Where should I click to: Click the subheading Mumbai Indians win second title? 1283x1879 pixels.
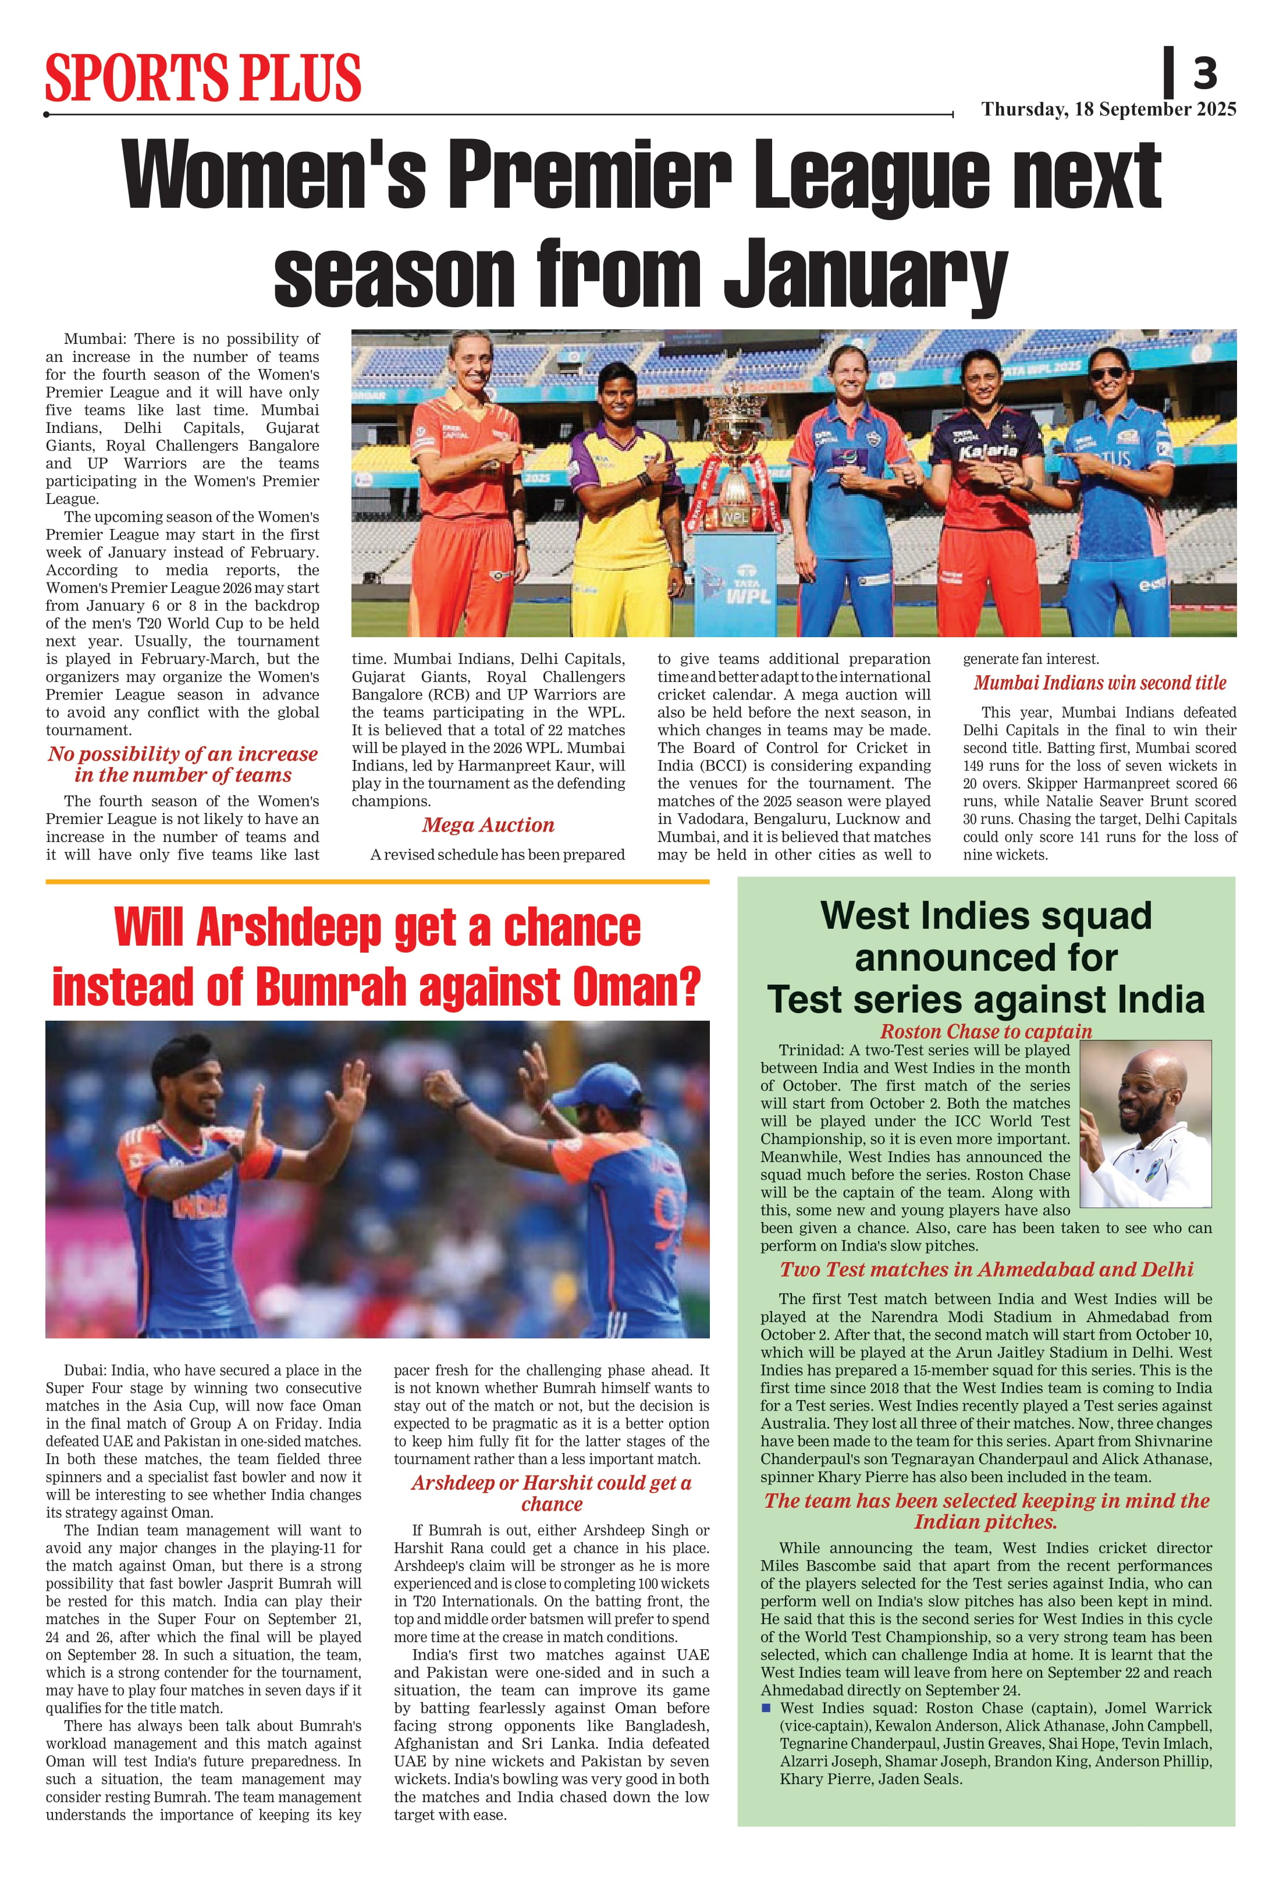(1100, 683)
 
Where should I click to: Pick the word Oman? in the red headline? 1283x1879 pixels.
(635, 987)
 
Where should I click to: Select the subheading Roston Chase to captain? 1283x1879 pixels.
(986, 1032)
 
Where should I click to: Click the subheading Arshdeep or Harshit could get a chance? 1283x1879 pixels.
(552, 1493)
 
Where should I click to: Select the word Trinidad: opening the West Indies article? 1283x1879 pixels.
(811, 1050)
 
